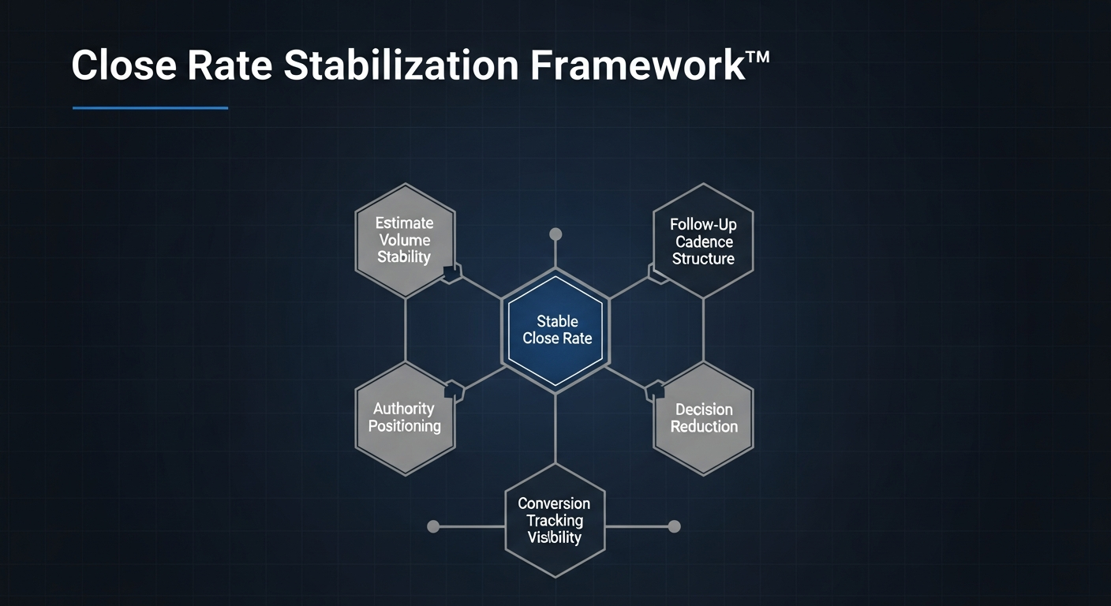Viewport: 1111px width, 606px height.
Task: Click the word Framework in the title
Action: coord(637,65)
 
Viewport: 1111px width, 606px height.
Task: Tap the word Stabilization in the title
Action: coord(402,65)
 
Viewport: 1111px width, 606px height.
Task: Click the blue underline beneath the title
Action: coord(150,108)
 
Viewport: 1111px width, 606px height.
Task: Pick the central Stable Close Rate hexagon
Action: coord(555,330)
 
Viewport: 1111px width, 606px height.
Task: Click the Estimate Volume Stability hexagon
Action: coord(404,240)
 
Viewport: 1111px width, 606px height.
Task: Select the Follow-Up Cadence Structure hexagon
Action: coord(703,241)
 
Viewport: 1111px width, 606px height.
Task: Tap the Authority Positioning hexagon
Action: coord(404,417)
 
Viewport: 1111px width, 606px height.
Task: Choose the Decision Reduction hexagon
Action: coord(704,417)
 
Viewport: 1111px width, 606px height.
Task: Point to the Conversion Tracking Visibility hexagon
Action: coord(555,521)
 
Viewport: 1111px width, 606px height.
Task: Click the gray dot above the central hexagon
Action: coord(555,234)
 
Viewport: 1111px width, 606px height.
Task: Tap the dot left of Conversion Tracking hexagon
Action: coord(433,526)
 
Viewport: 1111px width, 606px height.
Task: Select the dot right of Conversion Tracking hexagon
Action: coord(674,526)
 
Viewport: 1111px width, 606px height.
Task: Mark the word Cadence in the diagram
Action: coord(704,241)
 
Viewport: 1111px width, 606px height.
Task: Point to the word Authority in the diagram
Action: coord(403,409)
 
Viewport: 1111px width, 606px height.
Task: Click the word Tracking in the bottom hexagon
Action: coord(555,521)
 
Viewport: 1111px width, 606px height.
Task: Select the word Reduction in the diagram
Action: coord(704,427)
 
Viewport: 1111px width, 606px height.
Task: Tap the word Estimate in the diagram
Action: coord(404,223)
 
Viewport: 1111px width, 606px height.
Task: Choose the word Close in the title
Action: coord(124,65)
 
